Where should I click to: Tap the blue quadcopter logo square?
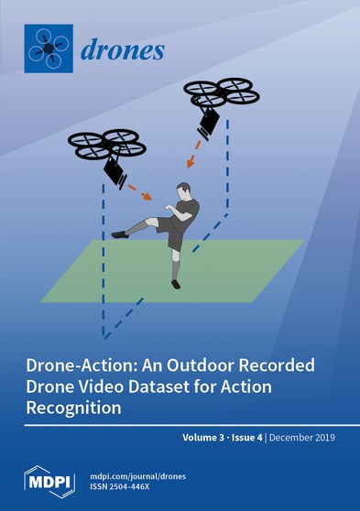[x=48, y=49]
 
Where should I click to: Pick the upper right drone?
[x=221, y=92]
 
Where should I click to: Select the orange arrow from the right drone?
[x=192, y=156]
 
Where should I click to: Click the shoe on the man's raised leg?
[x=119, y=234]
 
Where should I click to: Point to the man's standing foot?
[x=176, y=284]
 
